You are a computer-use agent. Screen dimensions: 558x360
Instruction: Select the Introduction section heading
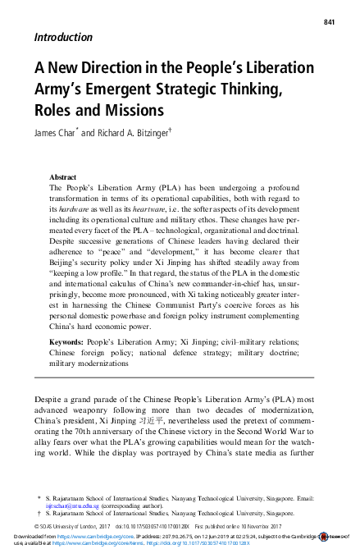pos(62,37)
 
